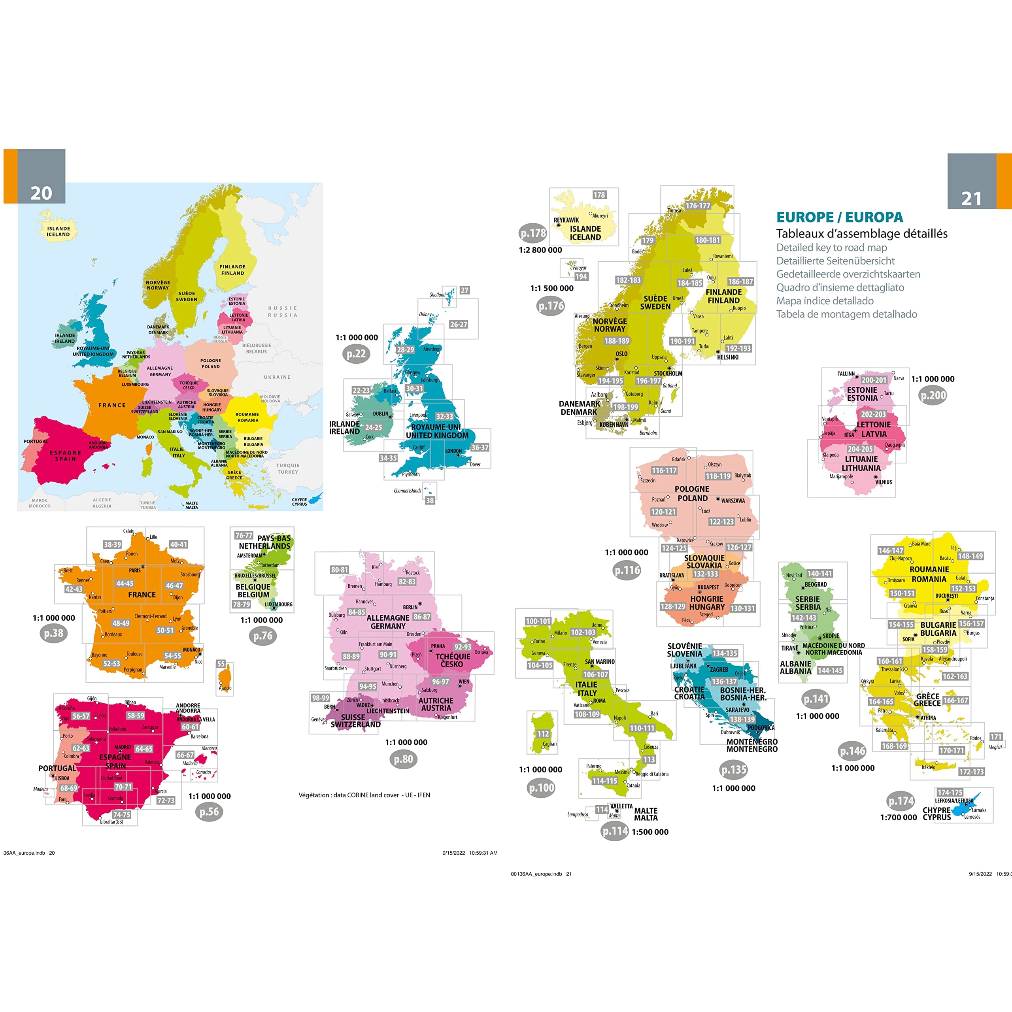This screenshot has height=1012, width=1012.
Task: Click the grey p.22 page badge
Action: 356,353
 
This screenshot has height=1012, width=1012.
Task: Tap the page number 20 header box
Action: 42,193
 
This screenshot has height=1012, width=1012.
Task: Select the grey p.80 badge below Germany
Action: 403,759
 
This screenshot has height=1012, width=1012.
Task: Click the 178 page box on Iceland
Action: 599,195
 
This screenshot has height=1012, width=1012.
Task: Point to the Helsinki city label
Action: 727,357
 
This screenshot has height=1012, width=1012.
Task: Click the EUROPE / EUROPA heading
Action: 839,217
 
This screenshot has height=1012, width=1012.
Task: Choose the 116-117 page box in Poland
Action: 664,470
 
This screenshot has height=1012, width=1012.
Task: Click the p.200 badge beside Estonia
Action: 933,395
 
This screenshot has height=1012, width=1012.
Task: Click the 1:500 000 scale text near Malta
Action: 650,832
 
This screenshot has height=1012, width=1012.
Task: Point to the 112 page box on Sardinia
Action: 543,734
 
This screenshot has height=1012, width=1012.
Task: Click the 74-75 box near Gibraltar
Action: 121,814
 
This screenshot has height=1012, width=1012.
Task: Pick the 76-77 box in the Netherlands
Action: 244,535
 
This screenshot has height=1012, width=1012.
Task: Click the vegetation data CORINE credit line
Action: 364,795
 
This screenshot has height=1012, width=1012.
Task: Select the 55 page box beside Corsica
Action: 221,664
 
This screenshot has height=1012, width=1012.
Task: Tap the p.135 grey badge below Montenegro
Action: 734,770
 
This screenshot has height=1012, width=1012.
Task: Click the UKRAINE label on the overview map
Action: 277,377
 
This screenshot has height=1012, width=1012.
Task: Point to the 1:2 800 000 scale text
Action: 540,250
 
